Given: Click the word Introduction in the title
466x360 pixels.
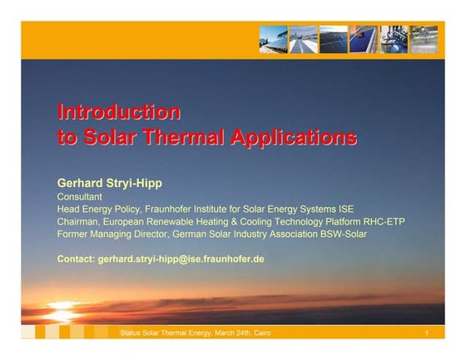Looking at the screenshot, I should [x=118, y=111].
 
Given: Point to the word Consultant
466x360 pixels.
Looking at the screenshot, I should [x=79, y=196].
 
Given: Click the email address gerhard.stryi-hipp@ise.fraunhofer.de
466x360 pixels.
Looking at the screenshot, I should [x=181, y=259].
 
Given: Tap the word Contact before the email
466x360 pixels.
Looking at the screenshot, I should [x=76, y=259].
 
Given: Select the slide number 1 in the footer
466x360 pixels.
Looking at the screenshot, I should [x=426, y=333].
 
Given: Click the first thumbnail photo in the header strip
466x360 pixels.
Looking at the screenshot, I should [x=272, y=39].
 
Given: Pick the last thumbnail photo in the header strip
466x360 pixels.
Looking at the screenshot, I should [x=424, y=39].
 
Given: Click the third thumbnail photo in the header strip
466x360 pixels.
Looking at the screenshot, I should [x=333, y=39].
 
